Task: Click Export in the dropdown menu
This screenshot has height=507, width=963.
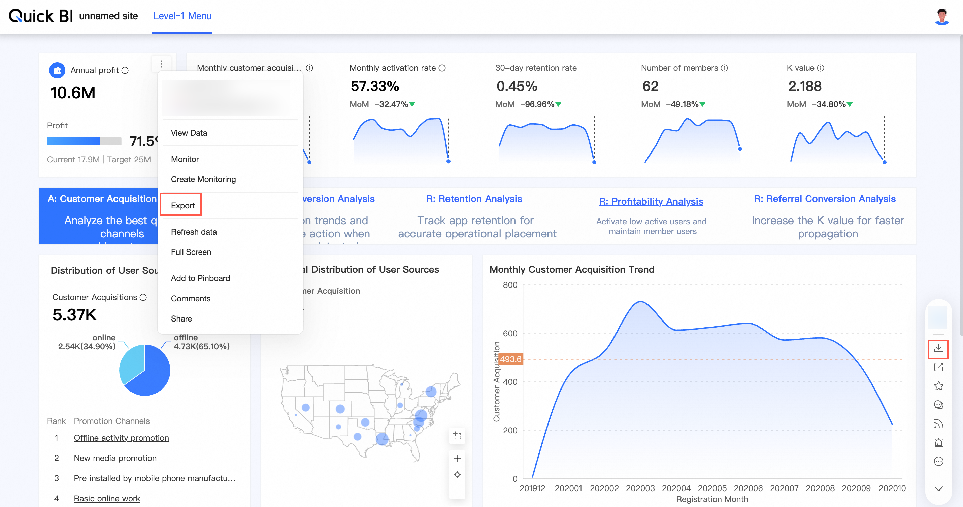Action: click(x=182, y=205)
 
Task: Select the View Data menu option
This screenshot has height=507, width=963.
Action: click(x=189, y=133)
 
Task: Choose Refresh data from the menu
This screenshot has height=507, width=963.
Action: click(x=194, y=232)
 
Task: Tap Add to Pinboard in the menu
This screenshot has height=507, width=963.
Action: click(x=200, y=278)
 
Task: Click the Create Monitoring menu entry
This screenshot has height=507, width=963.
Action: click(x=203, y=179)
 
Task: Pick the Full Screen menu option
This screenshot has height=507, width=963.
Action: click(x=191, y=252)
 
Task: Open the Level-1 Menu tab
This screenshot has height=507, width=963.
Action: click(x=182, y=16)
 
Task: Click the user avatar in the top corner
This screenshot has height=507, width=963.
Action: click(x=941, y=17)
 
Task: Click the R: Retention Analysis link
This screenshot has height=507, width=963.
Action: click(x=474, y=199)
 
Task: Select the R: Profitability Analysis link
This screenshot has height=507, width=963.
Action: click(x=651, y=201)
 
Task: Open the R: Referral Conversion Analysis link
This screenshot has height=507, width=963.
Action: click(x=824, y=199)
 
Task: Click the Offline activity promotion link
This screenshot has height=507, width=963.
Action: click(x=121, y=438)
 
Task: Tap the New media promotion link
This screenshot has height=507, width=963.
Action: click(x=115, y=458)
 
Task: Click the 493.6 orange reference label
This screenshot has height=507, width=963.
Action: click(x=510, y=359)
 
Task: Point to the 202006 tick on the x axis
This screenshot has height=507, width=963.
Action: click(x=748, y=488)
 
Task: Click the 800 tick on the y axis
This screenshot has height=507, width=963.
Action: click(x=510, y=285)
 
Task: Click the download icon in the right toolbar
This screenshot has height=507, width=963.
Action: click(x=938, y=348)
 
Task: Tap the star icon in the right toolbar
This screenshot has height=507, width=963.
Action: click(x=938, y=386)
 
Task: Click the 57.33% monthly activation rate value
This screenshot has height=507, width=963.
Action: click(x=374, y=87)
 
